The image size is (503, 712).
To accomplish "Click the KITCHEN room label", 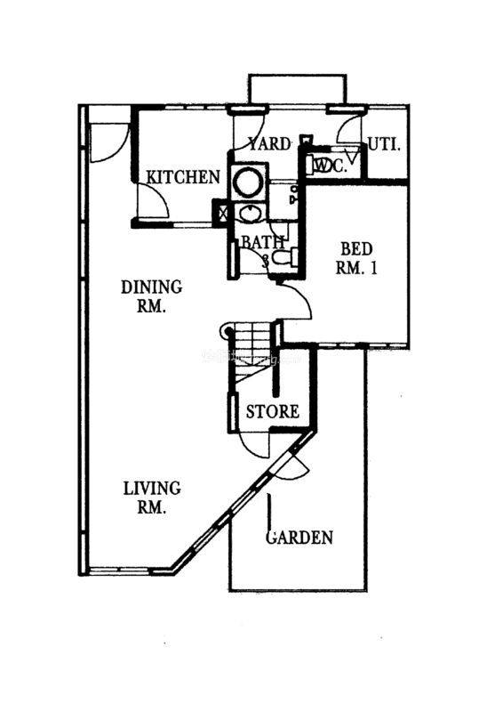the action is [x=183, y=176].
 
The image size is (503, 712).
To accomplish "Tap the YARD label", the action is [x=269, y=144].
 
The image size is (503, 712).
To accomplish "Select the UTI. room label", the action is [x=384, y=145].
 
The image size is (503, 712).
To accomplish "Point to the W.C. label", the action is [x=332, y=166].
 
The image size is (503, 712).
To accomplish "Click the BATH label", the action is [x=263, y=242].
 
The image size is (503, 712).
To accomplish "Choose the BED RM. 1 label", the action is [x=356, y=258].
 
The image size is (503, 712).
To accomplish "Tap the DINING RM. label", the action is [x=151, y=296].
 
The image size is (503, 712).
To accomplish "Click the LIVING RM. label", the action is [x=152, y=498].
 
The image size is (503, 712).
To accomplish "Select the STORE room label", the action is [x=273, y=412].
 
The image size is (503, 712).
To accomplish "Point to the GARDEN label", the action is [x=299, y=538].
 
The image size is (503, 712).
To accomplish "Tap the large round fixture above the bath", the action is [x=248, y=182].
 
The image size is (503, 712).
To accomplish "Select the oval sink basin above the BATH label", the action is [x=249, y=214].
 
